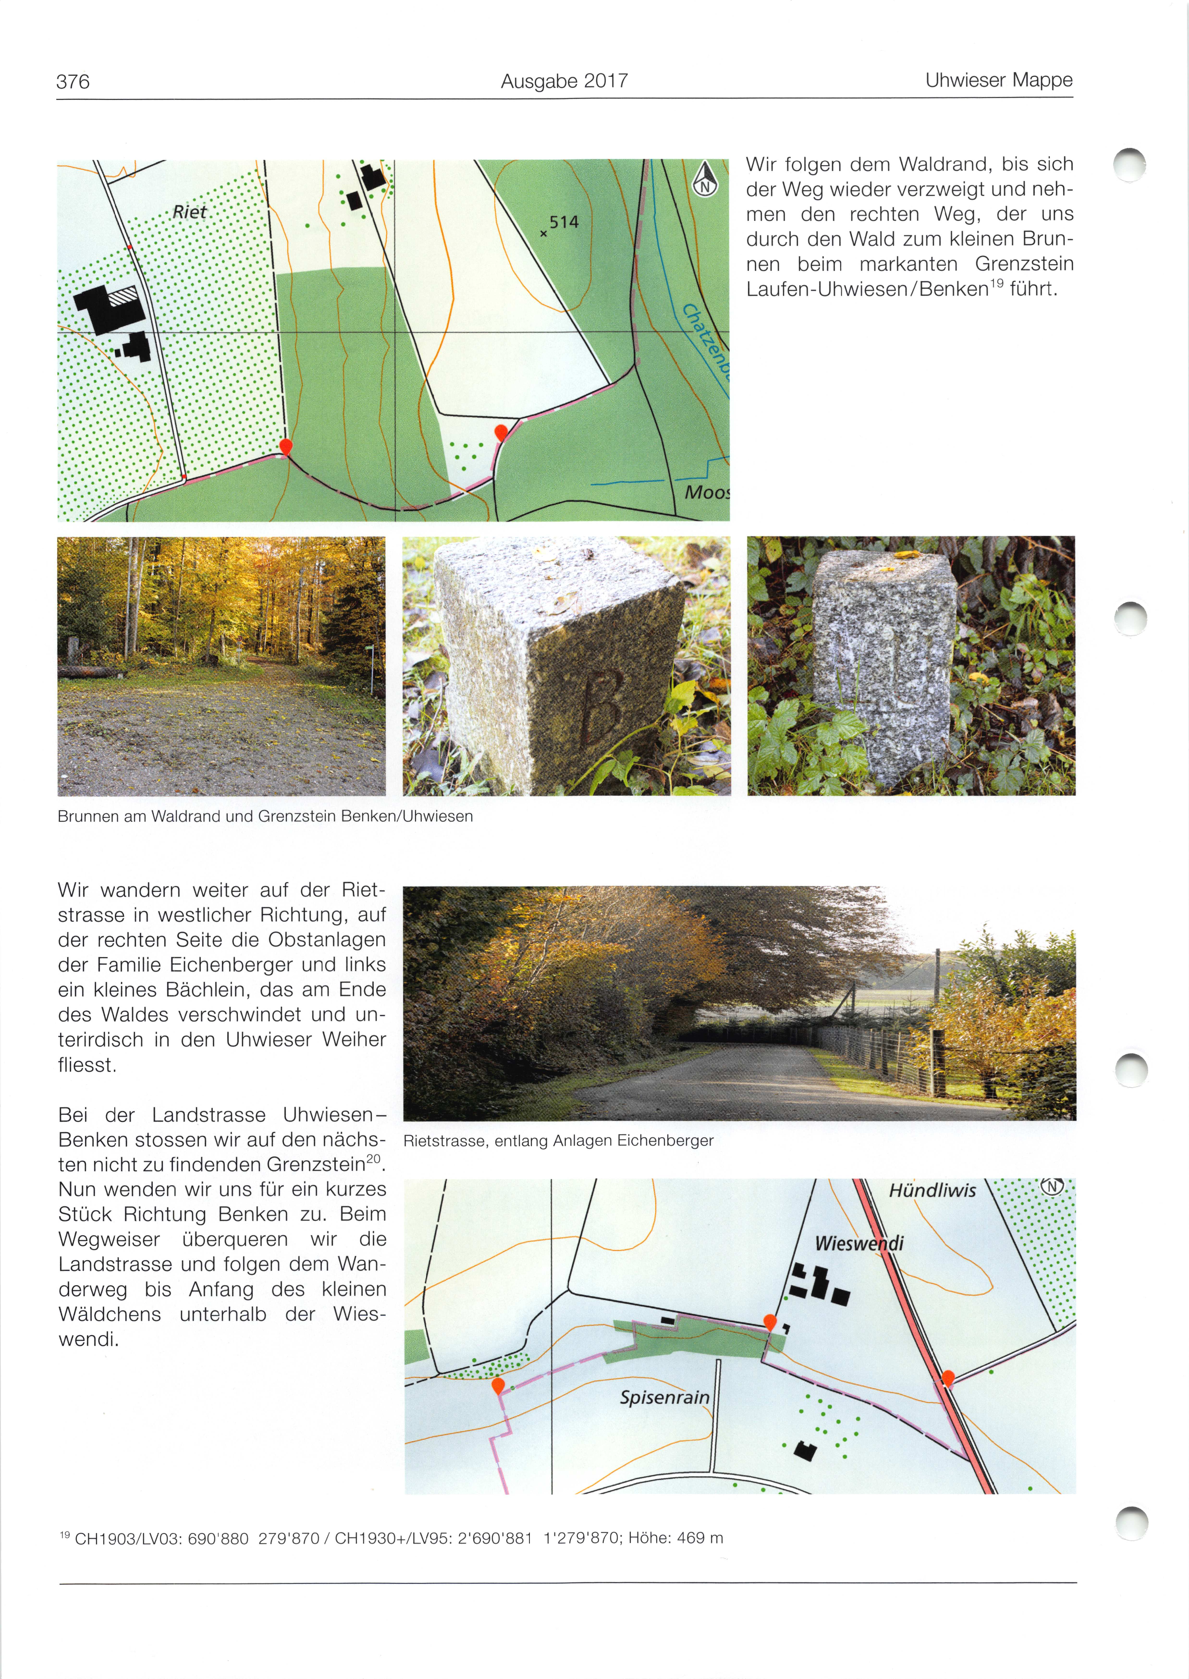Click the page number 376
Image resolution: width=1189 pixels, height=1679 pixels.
(x=73, y=81)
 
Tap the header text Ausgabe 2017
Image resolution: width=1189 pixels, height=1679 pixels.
(x=564, y=81)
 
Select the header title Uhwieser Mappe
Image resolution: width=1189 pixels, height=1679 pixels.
(x=999, y=81)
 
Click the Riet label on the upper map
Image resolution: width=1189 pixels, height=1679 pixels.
(x=190, y=212)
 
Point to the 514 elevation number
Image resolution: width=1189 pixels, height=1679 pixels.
(x=564, y=222)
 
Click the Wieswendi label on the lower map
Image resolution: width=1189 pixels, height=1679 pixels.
(x=859, y=1243)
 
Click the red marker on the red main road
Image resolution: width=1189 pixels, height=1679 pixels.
(x=947, y=1378)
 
